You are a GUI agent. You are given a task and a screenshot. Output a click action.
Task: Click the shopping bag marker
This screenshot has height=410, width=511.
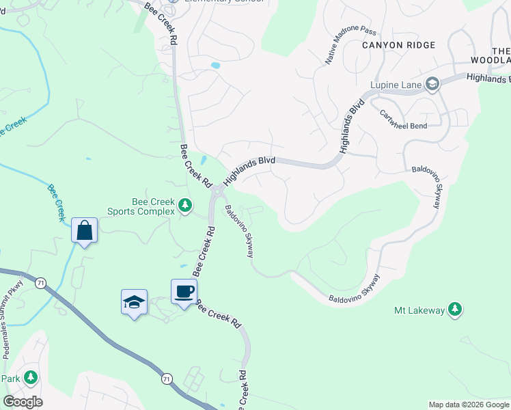click(85, 230)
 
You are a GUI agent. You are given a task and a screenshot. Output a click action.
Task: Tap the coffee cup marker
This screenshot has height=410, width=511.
click(184, 292)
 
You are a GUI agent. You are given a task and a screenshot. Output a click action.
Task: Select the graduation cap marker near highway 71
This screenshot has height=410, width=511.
click(135, 302)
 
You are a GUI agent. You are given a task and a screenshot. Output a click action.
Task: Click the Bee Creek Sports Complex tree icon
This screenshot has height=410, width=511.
click(184, 205)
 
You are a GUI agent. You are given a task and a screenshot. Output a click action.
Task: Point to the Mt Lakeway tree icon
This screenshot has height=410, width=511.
click(454, 310)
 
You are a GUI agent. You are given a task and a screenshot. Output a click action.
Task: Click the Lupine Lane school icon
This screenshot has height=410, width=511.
click(432, 85)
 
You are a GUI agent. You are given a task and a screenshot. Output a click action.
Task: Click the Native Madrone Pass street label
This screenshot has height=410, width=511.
click(350, 46)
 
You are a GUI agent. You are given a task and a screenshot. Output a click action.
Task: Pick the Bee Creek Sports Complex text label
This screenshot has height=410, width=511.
click(143, 206)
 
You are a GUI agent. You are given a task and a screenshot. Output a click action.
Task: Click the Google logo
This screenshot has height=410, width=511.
click(23, 402)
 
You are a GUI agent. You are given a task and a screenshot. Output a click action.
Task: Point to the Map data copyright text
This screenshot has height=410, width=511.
click(469, 405)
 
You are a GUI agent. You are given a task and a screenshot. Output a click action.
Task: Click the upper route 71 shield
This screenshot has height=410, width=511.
click(42, 282)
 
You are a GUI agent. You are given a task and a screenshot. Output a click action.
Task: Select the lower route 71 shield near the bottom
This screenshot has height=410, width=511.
click(167, 378)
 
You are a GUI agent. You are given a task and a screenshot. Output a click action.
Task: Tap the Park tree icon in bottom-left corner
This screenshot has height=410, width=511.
click(30, 377)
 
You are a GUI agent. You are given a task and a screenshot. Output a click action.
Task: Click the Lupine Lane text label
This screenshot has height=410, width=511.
click(396, 85)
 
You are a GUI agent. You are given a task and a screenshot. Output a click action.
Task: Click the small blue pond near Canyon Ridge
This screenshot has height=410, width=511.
click(215, 66)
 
